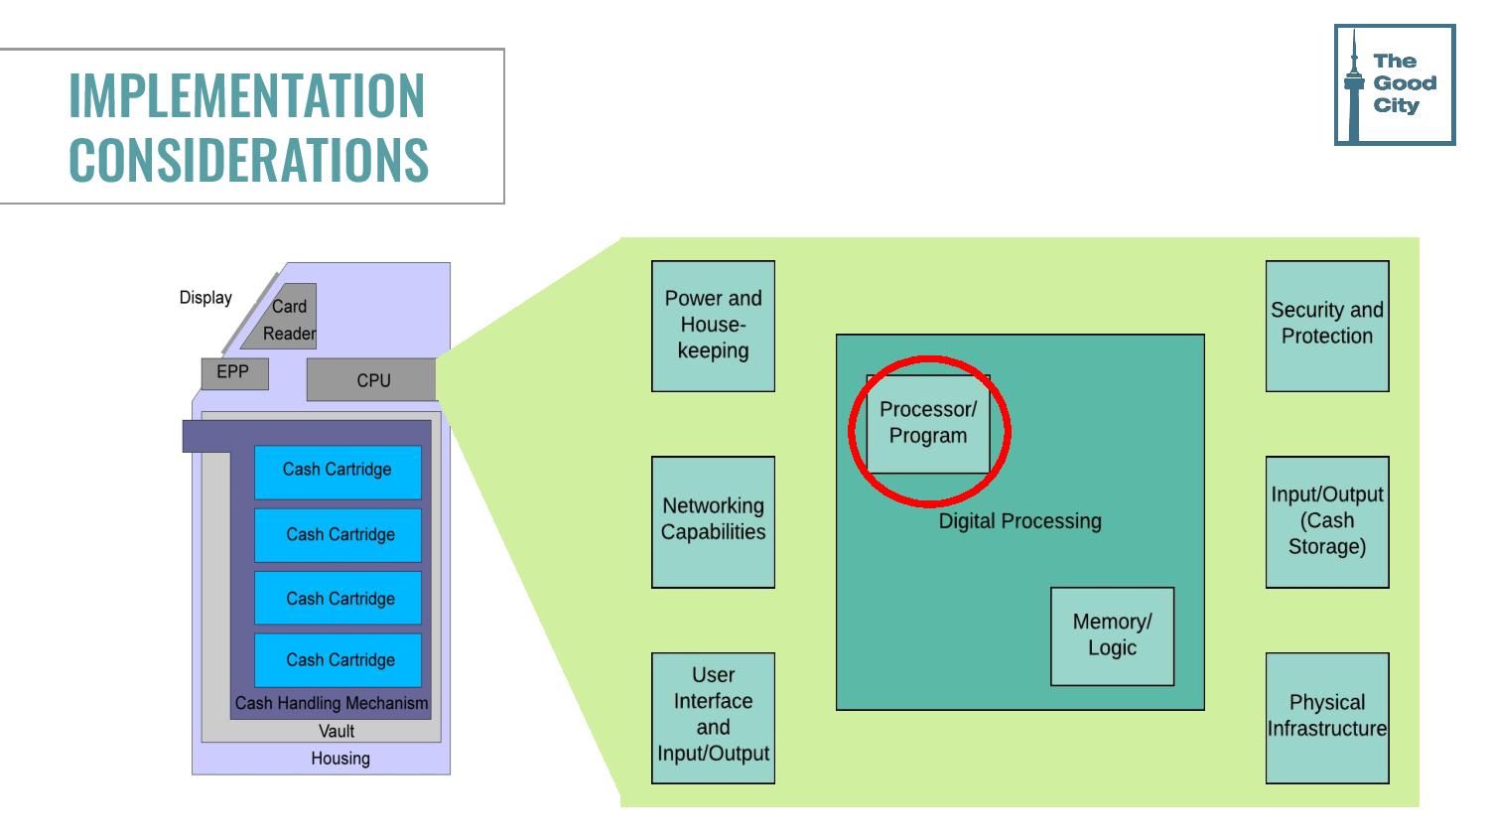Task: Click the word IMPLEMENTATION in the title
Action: coord(246,95)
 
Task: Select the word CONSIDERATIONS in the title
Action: coord(248,159)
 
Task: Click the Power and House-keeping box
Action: coord(713,326)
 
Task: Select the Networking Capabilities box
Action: coord(713,521)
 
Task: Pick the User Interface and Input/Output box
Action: coord(713,717)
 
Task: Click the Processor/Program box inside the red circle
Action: coord(928,424)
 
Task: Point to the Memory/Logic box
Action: coord(1112,635)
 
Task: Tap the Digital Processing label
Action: coord(1019,521)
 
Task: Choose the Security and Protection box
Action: coord(1326,326)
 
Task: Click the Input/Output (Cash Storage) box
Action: coord(1326,521)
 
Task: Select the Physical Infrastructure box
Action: coord(1326,717)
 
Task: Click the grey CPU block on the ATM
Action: coord(372,380)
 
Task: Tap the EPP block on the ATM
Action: coord(234,372)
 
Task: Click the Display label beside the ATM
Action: coord(205,298)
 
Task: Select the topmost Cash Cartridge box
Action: coord(338,471)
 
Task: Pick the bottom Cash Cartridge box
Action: coord(338,660)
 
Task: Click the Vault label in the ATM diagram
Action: coord(337,732)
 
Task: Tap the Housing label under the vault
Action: coord(340,759)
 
